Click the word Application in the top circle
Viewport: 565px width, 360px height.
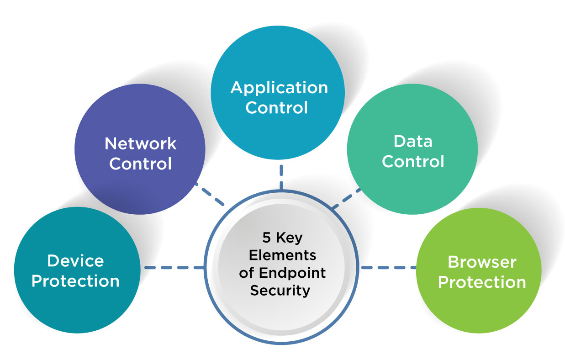point(279,88)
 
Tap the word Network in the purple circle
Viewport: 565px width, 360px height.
point(140,143)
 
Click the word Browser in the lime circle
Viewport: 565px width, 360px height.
point(482,262)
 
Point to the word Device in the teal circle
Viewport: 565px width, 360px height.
point(75,261)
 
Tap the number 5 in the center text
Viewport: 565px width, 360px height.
point(266,238)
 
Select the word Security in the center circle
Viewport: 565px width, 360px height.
point(280,290)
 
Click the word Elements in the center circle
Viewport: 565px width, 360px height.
point(282,255)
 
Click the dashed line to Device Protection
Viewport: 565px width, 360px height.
point(174,267)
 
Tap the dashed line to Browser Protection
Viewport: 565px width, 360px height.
point(388,267)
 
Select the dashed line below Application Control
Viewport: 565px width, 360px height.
point(281,176)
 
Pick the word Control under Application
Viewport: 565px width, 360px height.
point(277,108)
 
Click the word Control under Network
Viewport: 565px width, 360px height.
point(140,164)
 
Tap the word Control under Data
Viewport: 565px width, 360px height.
point(413,161)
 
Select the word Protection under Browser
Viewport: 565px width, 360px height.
point(482,282)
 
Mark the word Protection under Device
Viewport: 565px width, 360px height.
point(75,281)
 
